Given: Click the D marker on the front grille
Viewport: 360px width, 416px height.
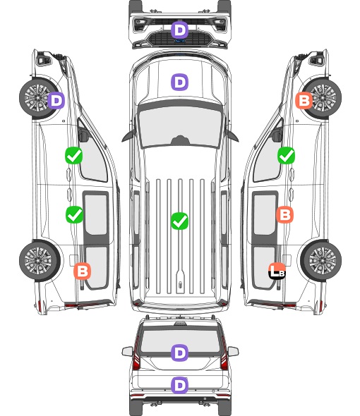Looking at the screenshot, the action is (179, 30).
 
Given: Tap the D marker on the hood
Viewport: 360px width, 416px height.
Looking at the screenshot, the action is (179, 82).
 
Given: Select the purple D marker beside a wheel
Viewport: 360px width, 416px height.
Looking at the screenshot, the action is (56, 100).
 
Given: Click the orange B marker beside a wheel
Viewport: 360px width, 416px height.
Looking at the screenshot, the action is (304, 100).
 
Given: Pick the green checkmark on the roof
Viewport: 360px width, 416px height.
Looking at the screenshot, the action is (179, 221).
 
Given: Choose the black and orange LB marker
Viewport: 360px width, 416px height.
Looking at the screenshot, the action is (277, 271).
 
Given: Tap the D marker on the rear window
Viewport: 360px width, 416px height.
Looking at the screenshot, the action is (179, 353).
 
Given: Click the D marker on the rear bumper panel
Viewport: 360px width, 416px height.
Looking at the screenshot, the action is (179, 385).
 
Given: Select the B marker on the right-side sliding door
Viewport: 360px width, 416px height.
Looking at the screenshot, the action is (284, 214).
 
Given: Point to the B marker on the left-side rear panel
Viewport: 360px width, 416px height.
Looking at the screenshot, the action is (83, 271).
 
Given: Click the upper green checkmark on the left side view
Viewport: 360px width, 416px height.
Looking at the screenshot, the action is (74, 155).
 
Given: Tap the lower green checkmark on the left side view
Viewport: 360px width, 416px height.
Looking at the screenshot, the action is (74, 214).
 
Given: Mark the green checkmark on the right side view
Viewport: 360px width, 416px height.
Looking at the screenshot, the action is (286, 155).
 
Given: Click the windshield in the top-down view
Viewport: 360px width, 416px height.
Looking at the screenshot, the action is (180, 127).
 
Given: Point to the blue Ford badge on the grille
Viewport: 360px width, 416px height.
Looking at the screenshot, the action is (180, 41).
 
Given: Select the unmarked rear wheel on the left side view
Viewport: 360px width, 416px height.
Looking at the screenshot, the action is (40, 261).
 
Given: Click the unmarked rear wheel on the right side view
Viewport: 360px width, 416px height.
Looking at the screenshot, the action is (321, 261).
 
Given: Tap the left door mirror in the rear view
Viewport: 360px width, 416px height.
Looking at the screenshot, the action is (127, 352).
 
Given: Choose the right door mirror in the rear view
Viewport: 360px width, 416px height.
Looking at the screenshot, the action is (233, 352).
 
